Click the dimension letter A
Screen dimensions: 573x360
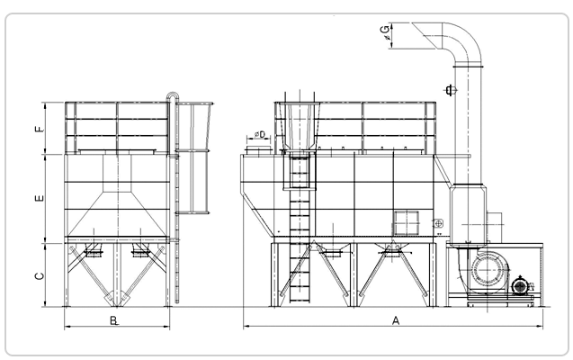pyautogui.click(x=396, y=320)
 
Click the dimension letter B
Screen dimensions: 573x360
pyautogui.click(x=114, y=320)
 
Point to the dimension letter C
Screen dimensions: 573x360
pyautogui.click(x=40, y=276)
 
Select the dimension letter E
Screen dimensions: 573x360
pyautogui.click(x=40, y=199)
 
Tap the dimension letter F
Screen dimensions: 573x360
pyautogui.click(x=40, y=129)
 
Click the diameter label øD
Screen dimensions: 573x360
pyautogui.click(x=260, y=134)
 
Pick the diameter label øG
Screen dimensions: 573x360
pyautogui.click(x=386, y=34)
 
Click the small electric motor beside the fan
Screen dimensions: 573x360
pyautogui.click(x=521, y=285)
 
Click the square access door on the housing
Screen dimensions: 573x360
pyautogui.click(x=406, y=222)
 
